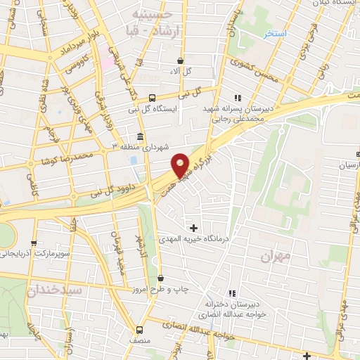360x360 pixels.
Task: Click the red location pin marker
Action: tap(181, 165)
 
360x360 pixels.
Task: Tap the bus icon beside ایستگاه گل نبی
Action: tap(152, 98)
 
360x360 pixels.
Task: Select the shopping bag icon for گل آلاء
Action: tap(181, 60)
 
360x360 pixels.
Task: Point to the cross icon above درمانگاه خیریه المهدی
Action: tap(194, 227)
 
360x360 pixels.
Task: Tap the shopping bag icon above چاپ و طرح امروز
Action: tap(161, 278)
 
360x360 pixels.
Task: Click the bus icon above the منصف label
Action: tap(139, 329)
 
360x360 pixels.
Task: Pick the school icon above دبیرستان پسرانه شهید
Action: tap(238, 98)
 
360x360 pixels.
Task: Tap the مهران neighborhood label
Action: tap(275, 257)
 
